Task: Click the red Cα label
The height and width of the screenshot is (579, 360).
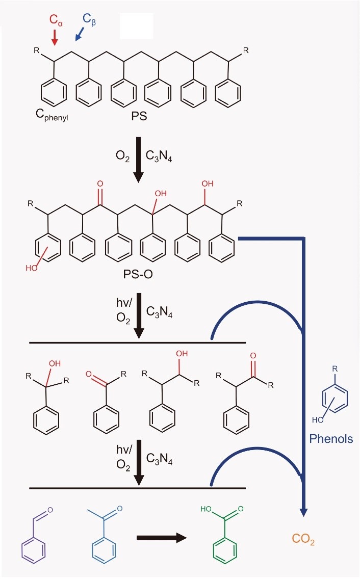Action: click(x=57, y=20)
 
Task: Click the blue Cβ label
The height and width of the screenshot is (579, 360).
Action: click(x=89, y=20)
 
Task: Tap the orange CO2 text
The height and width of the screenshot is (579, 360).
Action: click(x=303, y=539)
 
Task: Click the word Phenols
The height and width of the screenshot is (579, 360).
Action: click(x=331, y=439)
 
